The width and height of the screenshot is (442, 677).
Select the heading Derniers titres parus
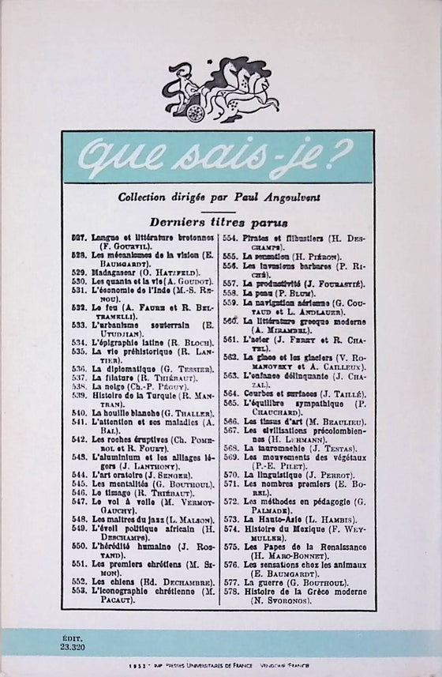pos(220,224)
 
